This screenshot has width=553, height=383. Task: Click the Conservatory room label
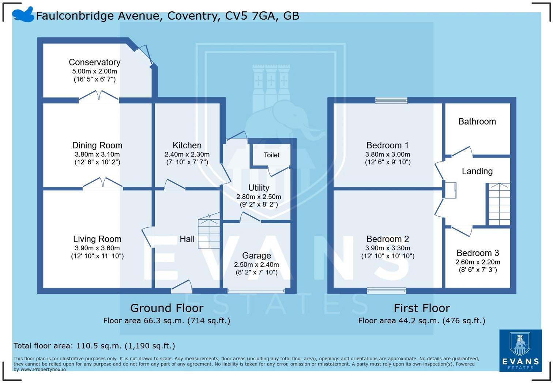point(94,62)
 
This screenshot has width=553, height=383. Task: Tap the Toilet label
point(271,155)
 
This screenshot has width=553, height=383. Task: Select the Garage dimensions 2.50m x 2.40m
point(256,265)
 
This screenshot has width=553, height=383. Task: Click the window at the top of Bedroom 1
point(391,100)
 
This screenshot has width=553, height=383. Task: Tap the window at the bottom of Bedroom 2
point(387,291)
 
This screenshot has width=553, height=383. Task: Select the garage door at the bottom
point(256,291)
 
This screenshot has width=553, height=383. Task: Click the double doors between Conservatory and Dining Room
point(99,96)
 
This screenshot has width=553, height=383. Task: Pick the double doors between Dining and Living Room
point(103,183)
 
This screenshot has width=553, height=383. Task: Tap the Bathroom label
point(477,121)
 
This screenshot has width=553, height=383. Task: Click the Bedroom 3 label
point(478,253)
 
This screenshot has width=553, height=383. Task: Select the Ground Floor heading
point(167,308)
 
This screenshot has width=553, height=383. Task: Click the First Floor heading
point(422,308)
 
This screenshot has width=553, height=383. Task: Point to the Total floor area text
point(94,346)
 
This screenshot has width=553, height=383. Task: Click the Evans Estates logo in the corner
point(520,350)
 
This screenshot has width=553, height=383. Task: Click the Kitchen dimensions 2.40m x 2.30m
point(187,155)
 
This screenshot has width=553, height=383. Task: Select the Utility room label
point(259,187)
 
